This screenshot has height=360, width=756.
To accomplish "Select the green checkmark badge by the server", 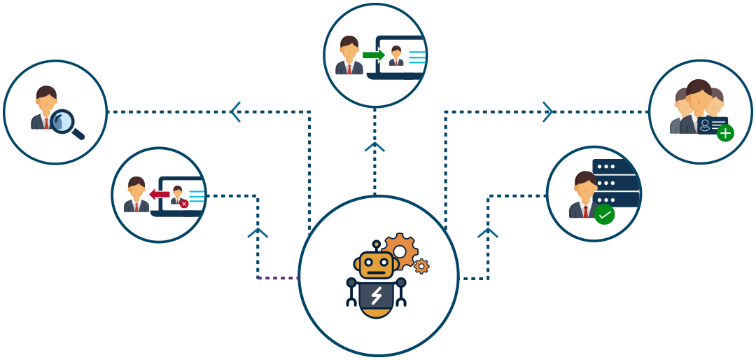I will [604, 214].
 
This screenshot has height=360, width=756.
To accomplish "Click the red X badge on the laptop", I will [184, 204].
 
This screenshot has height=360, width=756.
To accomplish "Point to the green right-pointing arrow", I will [374, 55].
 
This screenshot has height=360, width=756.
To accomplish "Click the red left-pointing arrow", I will [160, 194].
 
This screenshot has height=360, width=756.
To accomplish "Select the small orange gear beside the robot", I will [421, 266].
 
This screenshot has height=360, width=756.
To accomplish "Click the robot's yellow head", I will [377, 265].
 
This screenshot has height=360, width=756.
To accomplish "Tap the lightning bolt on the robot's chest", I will [377, 296].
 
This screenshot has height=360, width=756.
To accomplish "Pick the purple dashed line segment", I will [278, 278].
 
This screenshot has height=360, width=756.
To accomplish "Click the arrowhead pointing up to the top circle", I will [375, 147].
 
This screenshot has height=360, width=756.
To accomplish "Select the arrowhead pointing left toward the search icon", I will [235, 111].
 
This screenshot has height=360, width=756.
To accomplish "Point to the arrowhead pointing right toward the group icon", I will [548, 111].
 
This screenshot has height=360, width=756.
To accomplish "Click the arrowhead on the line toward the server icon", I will [488, 232].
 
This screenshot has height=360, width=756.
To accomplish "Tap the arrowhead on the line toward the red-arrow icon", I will [258, 232].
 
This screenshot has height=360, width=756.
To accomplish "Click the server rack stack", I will [615, 182].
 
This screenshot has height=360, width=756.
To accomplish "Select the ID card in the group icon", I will [712, 125].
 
